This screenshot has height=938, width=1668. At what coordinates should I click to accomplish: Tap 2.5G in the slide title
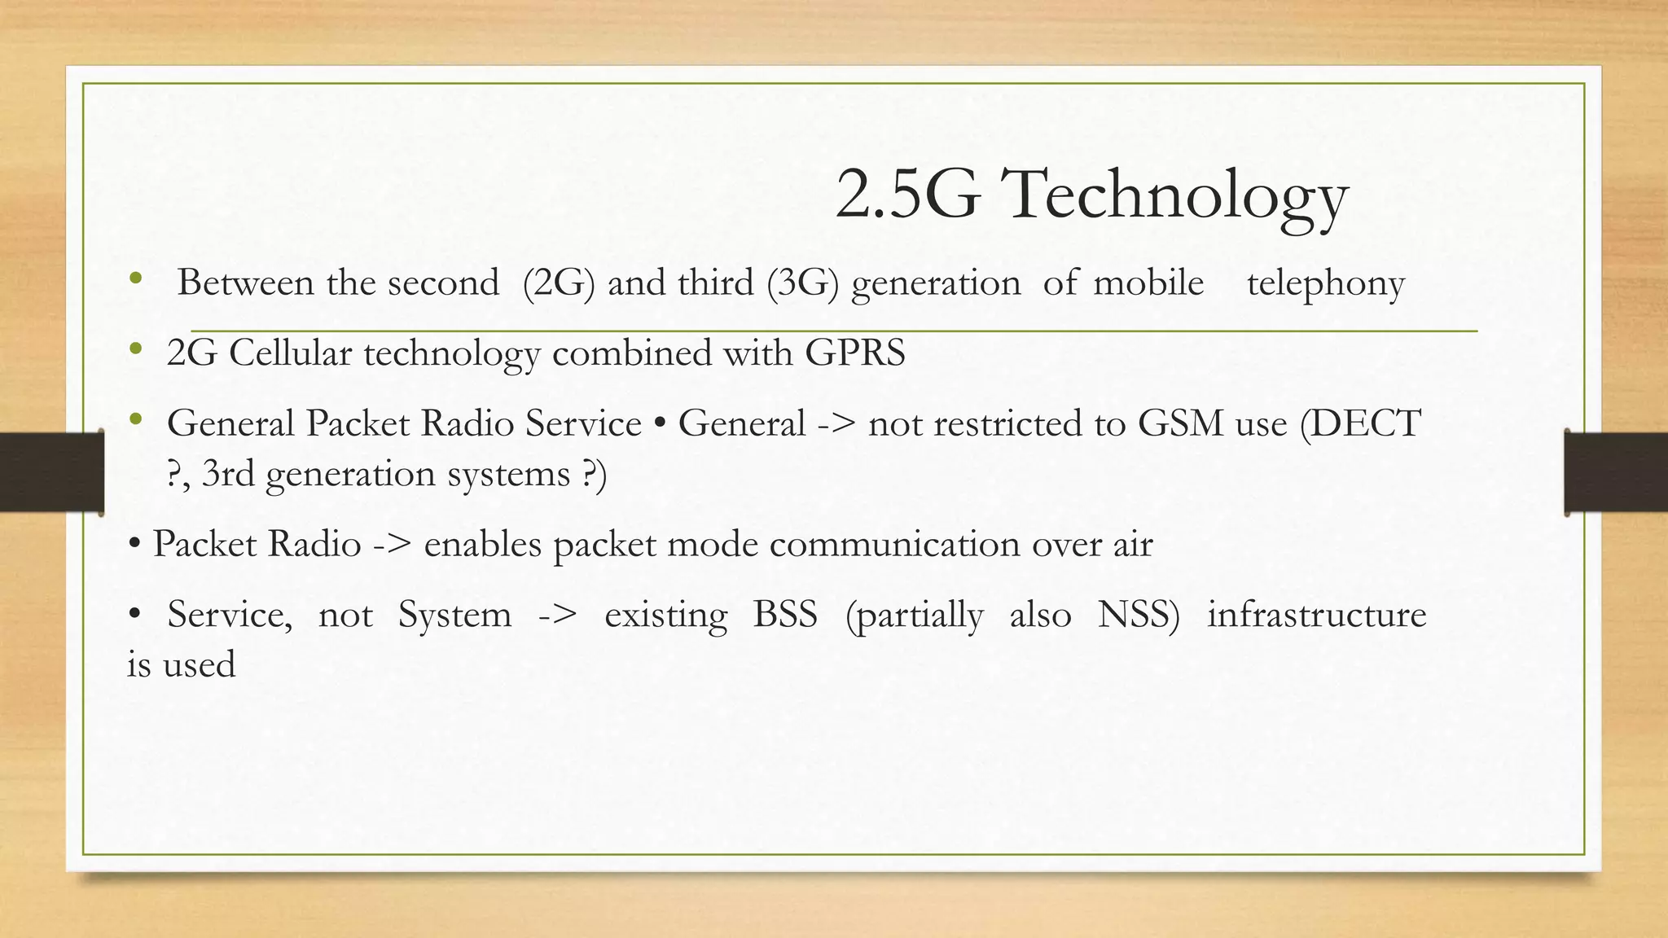click(x=907, y=195)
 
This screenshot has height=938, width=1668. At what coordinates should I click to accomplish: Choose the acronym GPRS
click(x=855, y=353)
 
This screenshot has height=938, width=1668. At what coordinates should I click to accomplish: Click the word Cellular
click(x=290, y=353)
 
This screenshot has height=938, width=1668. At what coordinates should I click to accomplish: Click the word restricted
click(x=1007, y=423)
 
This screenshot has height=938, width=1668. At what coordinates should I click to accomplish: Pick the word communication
click(x=894, y=544)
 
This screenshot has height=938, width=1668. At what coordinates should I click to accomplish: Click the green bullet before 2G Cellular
click(x=135, y=350)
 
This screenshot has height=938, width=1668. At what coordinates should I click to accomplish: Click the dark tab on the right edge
click(x=1616, y=472)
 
